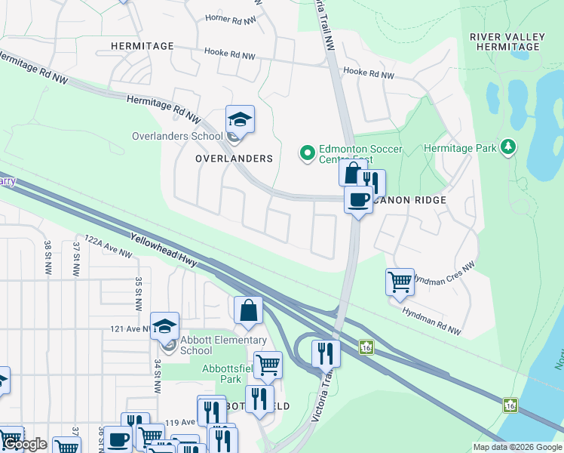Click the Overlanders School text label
pos(177,136)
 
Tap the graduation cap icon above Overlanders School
pos(240,119)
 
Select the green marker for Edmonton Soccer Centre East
pos(307,153)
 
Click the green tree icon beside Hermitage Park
pos(509,146)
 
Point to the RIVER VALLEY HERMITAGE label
pos(504,42)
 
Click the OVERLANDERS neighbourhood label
pos(233,159)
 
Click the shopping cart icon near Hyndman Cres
pos(399,282)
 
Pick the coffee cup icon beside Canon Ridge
pos(358,199)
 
